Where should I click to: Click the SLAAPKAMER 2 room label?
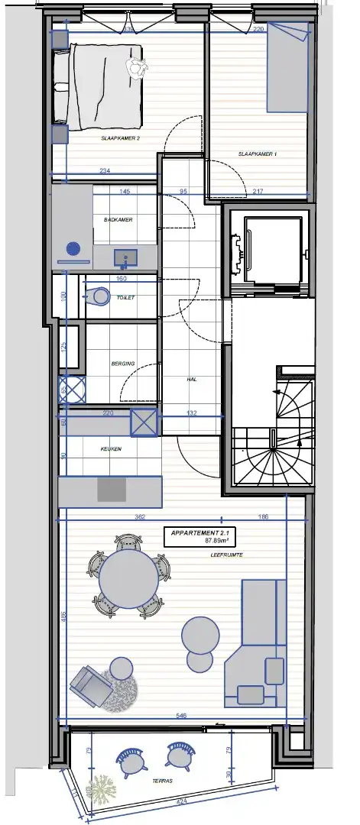click(120, 138)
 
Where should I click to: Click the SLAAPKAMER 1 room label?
click(258, 154)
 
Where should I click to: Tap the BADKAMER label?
click(118, 220)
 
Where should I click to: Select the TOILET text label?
click(125, 298)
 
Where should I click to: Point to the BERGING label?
click(122, 364)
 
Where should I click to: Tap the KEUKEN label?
click(111, 449)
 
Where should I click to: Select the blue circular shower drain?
click(73, 248)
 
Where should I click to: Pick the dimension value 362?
click(140, 517)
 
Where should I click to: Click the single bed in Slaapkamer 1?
click(287, 69)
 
